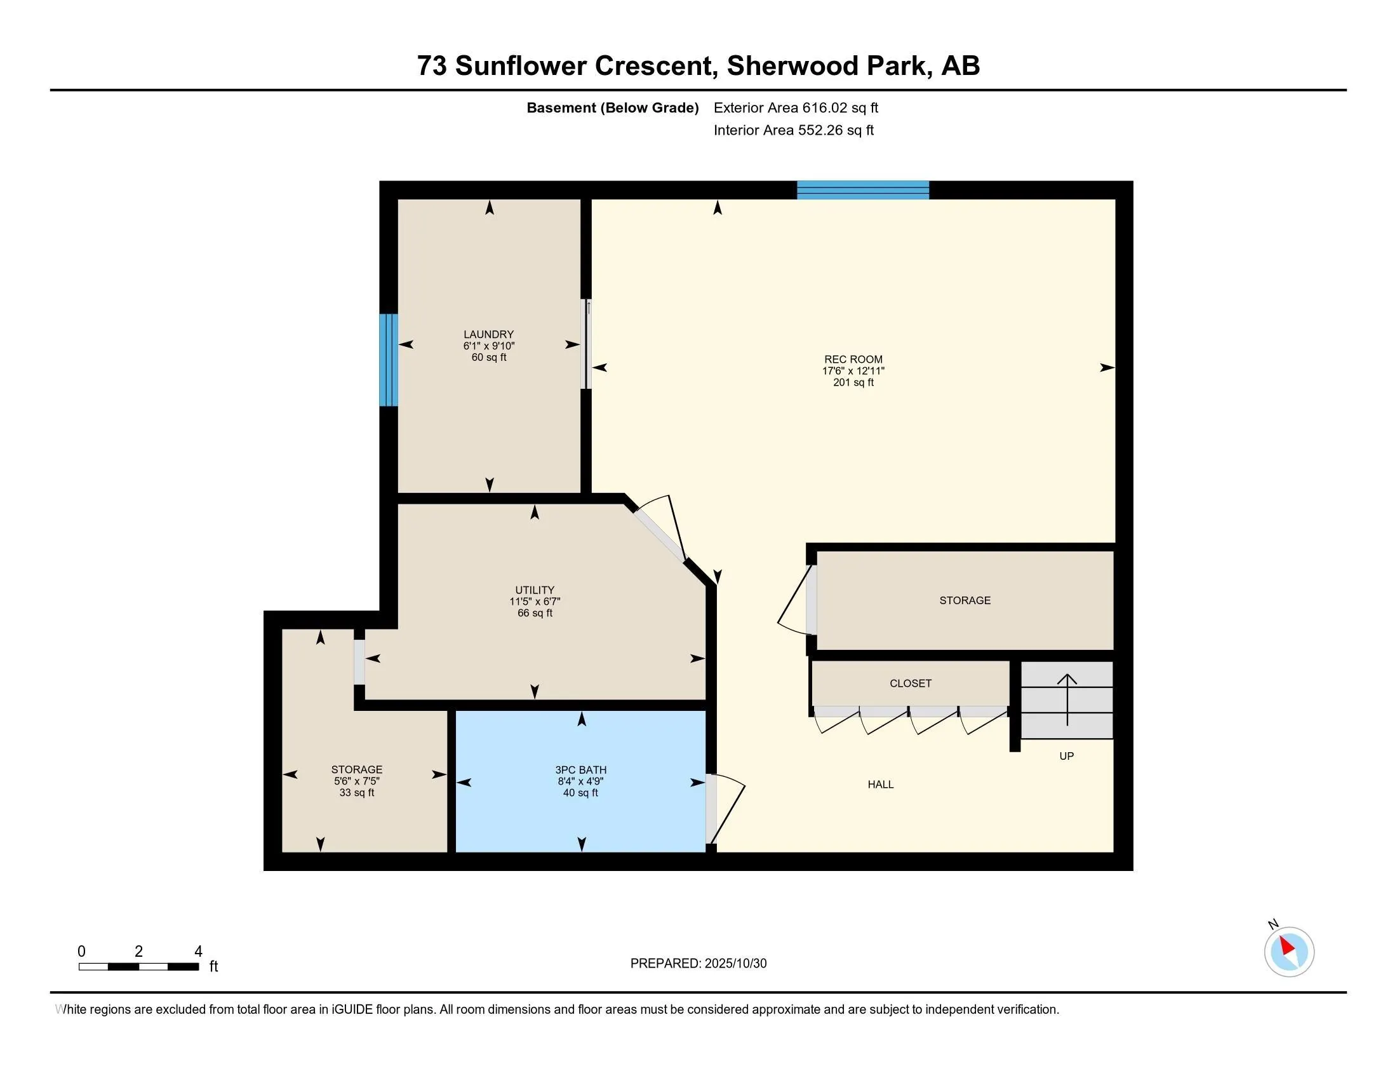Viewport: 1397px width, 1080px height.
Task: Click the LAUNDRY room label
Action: tap(489, 334)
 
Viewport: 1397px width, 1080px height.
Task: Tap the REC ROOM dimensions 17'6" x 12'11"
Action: tap(853, 371)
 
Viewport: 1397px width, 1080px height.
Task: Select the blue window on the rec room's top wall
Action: tap(862, 190)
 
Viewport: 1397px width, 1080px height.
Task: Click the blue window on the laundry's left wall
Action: tap(388, 360)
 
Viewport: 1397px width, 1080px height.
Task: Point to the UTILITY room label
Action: tap(535, 590)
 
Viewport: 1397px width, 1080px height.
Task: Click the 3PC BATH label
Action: tap(580, 770)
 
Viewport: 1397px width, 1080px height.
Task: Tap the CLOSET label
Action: tap(910, 684)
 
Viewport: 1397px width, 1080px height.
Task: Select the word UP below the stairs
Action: tap(1066, 756)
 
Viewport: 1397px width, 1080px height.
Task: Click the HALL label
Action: tap(880, 785)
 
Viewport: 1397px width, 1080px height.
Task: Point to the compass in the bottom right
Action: tap(1288, 952)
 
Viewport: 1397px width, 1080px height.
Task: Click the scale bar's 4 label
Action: tap(198, 952)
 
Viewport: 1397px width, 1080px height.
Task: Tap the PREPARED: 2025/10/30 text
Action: tap(698, 964)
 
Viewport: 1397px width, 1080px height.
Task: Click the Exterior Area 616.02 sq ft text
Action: tap(796, 107)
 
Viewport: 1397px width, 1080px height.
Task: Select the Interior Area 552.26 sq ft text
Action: tap(793, 130)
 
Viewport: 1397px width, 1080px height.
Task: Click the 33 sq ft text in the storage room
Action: tap(356, 793)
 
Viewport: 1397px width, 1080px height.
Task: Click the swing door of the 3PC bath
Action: tap(726, 810)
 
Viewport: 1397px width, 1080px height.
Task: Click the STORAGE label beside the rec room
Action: tap(965, 600)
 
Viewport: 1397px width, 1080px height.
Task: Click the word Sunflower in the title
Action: tap(519, 66)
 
